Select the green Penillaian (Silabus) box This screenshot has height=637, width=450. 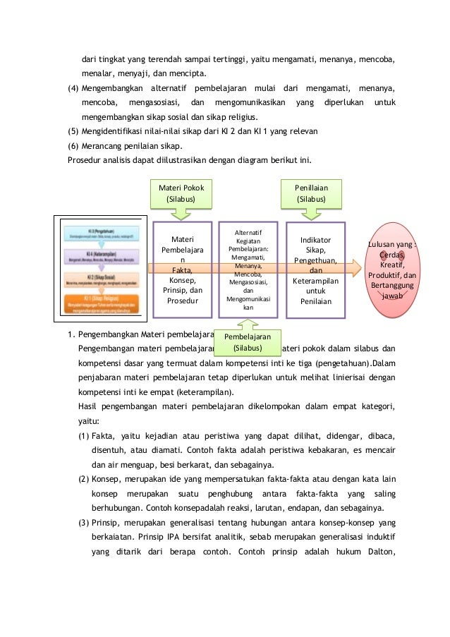click(x=311, y=193)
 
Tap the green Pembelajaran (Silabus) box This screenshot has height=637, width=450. click(x=247, y=342)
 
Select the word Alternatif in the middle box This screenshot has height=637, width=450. click(x=247, y=232)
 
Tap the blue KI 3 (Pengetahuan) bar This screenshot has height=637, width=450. click(x=101, y=232)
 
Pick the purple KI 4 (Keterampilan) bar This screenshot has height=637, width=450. click(x=101, y=255)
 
